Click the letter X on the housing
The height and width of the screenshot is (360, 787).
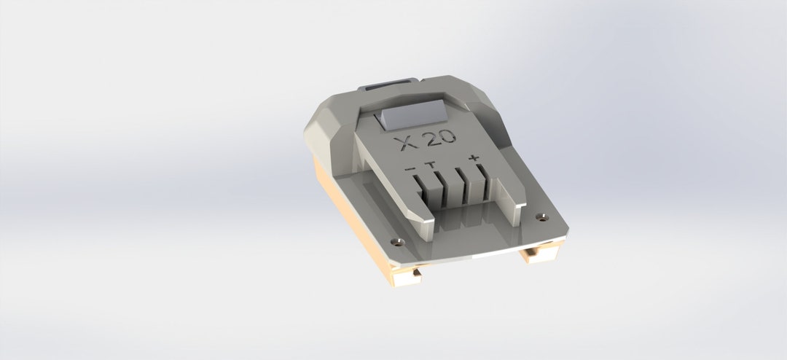pos(403,142)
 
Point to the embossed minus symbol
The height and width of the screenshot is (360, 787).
pos(411,170)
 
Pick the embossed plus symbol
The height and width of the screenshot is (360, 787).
pos(475,157)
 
